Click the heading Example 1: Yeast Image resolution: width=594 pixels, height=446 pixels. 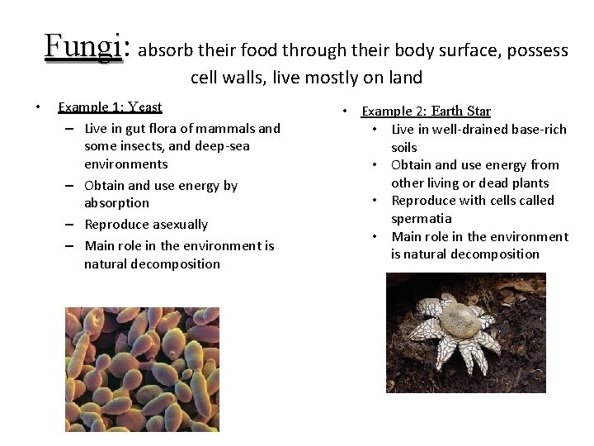pos(110,107)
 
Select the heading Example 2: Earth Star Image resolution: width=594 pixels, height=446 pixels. pos(426,111)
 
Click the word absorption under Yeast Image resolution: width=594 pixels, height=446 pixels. pos(116,203)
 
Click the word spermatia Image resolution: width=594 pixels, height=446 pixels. pos(421,219)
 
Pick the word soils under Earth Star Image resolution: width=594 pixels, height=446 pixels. pos(404,147)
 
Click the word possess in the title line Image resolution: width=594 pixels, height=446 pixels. pos(537,50)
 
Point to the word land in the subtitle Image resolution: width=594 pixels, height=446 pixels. pos(403,78)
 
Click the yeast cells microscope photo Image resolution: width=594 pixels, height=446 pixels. pos(142,368)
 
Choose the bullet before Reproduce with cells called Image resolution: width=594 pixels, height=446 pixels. pos(375,201)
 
